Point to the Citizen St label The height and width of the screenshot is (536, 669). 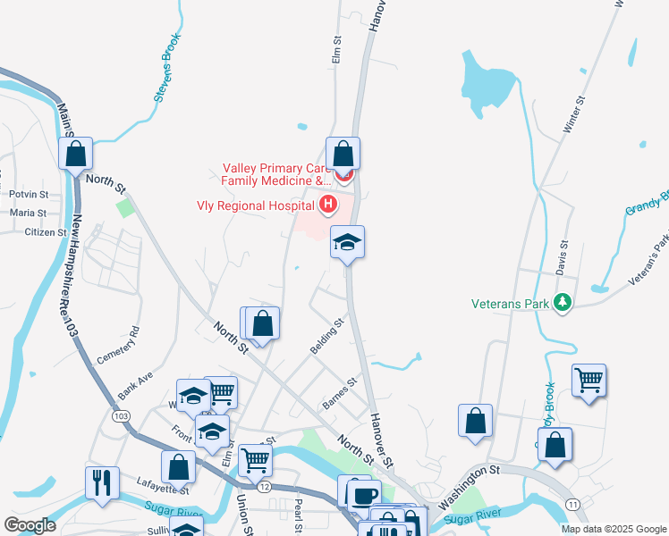46,232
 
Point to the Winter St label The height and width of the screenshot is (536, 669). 573,115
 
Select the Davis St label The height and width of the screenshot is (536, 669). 563,256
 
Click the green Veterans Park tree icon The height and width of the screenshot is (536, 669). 563,304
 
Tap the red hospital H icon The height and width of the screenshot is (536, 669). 328,205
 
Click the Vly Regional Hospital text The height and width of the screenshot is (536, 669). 256,205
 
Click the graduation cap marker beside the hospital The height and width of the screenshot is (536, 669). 347,242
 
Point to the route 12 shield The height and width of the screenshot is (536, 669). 265,487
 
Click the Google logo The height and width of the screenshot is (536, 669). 30,525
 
